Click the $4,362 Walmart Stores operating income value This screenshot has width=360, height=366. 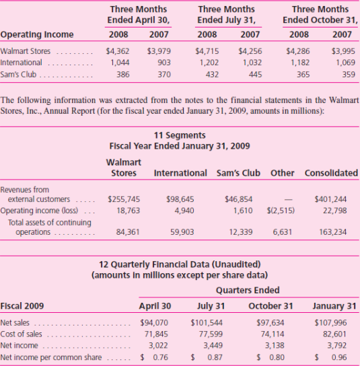pyautogui.click(x=118, y=50)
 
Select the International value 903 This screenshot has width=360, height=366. pyautogui.click(x=164, y=62)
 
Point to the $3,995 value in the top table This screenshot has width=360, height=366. pyautogui.click(x=343, y=50)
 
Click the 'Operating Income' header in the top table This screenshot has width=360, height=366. pyautogui.click(x=37, y=34)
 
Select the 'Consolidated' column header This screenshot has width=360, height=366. pyautogui.click(x=330, y=173)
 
